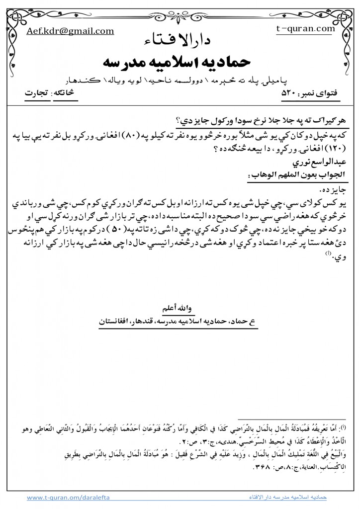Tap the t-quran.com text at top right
(x=305, y=29)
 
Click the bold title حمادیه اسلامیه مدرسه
(x=180, y=62)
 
